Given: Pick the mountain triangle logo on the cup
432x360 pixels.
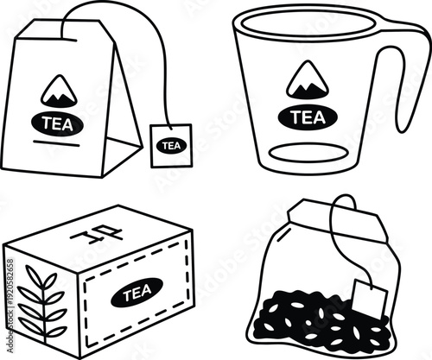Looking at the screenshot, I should tap(305, 79).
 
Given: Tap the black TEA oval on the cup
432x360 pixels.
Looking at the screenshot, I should tap(307, 117).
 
